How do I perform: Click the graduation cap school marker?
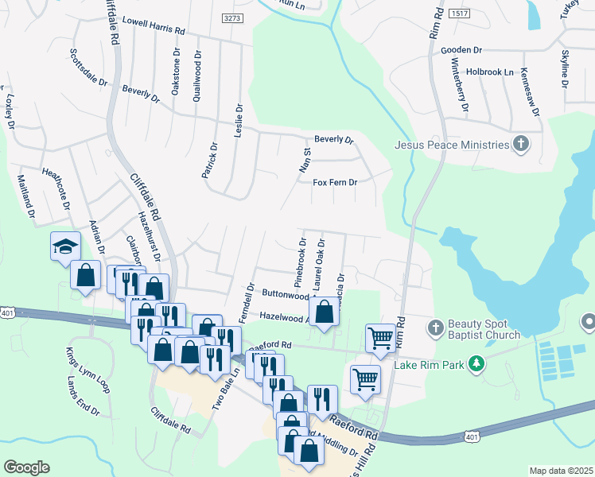[x=66, y=246]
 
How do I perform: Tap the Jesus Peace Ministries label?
[x=452, y=145]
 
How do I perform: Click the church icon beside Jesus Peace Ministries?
[x=521, y=144]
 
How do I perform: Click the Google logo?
[x=27, y=467]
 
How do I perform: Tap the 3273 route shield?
[x=232, y=17]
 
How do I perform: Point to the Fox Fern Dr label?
[x=335, y=182]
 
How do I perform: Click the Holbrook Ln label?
[x=490, y=72]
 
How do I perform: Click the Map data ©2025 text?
[x=562, y=471]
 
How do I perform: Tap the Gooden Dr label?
[x=461, y=50]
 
